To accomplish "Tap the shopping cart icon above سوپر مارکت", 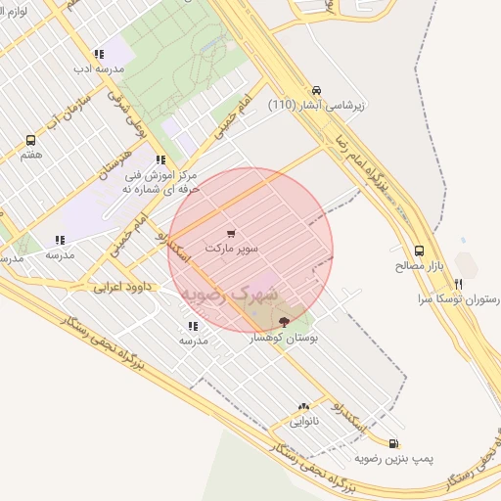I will pyautogui.click(x=231, y=234).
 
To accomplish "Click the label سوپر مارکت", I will pyautogui.click(x=232, y=249).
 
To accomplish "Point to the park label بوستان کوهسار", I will pyautogui.click(x=284, y=336).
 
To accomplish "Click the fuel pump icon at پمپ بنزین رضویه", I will pyautogui.click(x=393, y=443).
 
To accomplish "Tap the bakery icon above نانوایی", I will pyautogui.click(x=303, y=407).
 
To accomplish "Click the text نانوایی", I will pyautogui.click(x=304, y=422).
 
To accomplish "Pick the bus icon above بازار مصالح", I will pyautogui.click(x=420, y=250).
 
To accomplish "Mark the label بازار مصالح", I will pyautogui.click(x=420, y=265).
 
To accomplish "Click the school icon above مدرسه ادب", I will pyautogui.click(x=98, y=55).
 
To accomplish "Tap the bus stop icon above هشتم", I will pyautogui.click(x=30, y=140).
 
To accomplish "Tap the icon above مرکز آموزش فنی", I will pyautogui.click(x=159, y=159).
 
